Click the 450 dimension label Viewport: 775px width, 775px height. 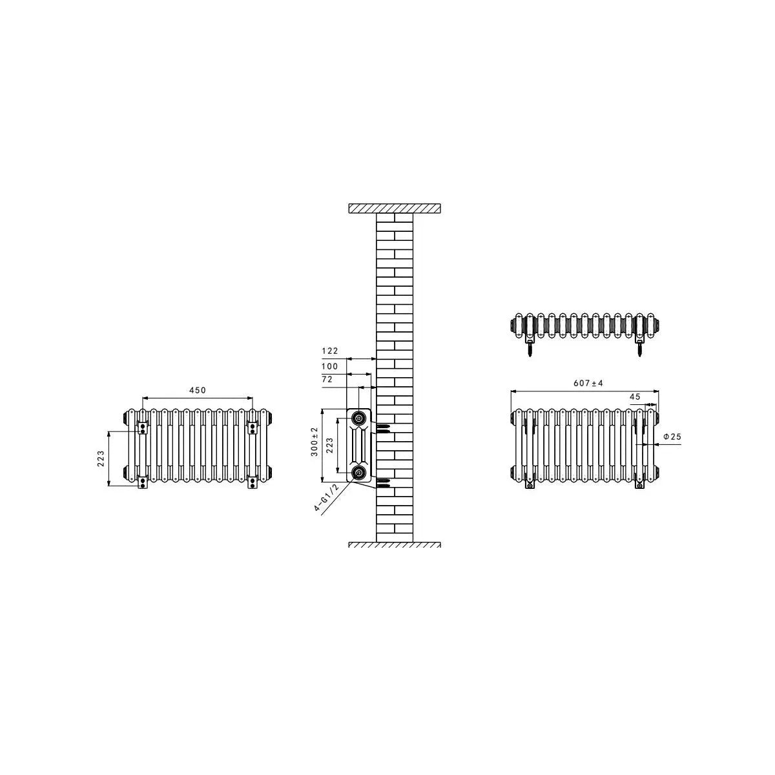198,390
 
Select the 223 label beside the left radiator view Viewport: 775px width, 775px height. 101,459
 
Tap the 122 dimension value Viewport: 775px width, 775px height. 330,351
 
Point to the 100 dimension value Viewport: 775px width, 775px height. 330,366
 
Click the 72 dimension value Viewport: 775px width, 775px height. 327,379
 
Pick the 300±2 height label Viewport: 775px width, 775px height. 315,442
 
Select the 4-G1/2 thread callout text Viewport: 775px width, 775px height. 327,497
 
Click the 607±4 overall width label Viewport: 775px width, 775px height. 588,383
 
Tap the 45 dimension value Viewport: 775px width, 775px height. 635,397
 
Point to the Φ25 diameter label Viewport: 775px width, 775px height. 672,437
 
